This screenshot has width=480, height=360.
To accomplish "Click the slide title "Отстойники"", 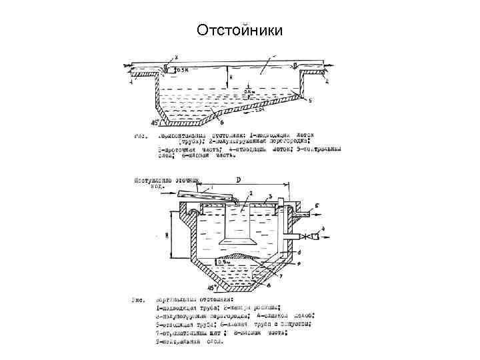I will [x=240, y=31].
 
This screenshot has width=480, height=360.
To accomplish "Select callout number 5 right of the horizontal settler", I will [x=311, y=99].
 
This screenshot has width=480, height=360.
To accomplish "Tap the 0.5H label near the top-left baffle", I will [x=181, y=69].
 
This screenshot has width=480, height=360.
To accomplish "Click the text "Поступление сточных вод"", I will [x=158, y=183].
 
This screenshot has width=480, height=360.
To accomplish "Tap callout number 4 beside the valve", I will [x=325, y=229].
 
